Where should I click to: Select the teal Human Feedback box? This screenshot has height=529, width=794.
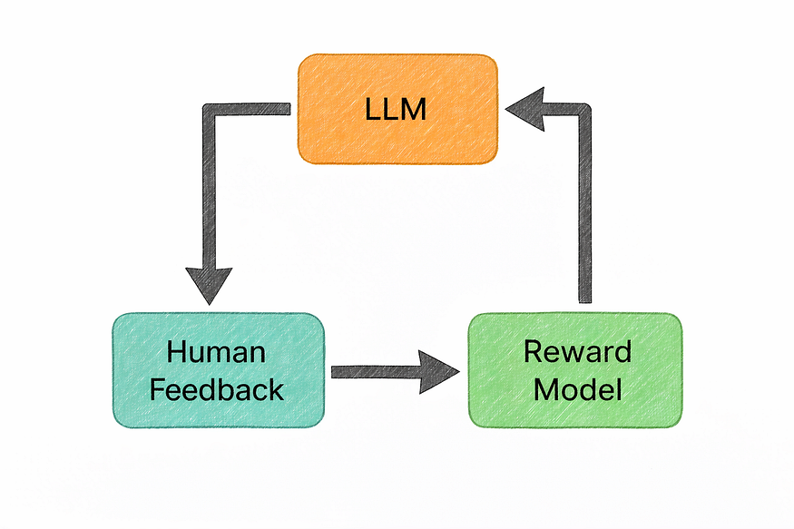pyautogui.click(x=218, y=370)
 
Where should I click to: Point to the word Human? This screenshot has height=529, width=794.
pyautogui.click(x=217, y=352)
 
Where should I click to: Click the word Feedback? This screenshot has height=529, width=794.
pyautogui.click(x=217, y=389)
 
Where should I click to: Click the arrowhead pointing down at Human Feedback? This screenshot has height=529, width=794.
pyautogui.click(x=208, y=285)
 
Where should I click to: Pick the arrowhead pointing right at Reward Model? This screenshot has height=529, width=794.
pyautogui.click(x=441, y=371)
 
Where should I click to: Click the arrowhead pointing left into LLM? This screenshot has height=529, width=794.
pyautogui.click(x=524, y=109)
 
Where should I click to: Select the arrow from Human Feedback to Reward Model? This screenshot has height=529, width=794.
pyautogui.click(x=381, y=371)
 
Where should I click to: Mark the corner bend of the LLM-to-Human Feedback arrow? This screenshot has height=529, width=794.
pyautogui.click(x=208, y=110)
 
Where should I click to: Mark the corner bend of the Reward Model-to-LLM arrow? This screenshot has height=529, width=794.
pyautogui.click(x=584, y=110)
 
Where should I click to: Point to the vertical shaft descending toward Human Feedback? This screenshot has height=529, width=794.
pyautogui.click(x=208, y=191)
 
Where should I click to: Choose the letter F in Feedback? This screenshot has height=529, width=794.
pyautogui.click(x=157, y=389)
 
